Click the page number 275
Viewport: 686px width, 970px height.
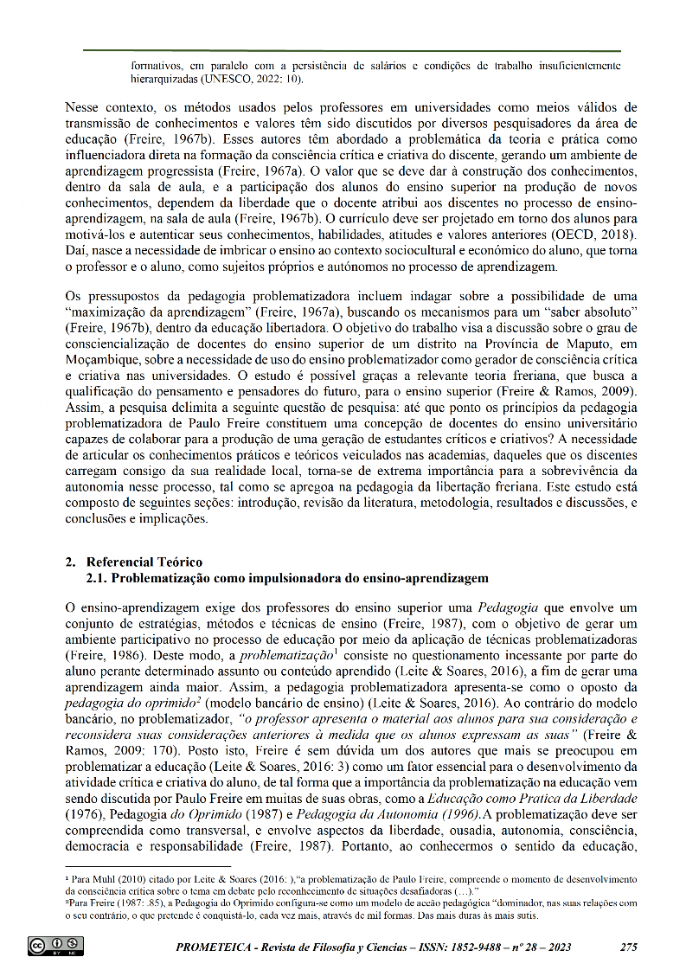(x=629, y=947)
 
